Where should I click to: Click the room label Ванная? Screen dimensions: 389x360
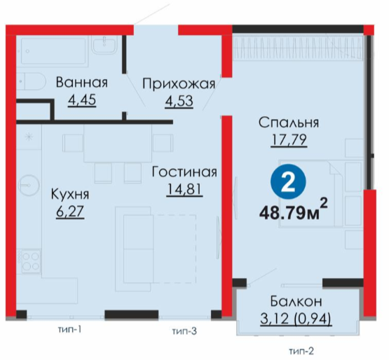pyautogui.click(x=82, y=83)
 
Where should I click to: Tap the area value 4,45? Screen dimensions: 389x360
pyautogui.click(x=82, y=100)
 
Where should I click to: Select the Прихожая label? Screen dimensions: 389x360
pyautogui.click(x=179, y=83)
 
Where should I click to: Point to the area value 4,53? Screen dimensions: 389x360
pyautogui.click(x=179, y=101)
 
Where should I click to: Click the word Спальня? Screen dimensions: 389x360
pyautogui.click(x=289, y=123)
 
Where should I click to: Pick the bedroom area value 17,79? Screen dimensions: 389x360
pyautogui.click(x=289, y=140)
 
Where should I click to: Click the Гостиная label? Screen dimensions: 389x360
pyautogui.click(x=184, y=172)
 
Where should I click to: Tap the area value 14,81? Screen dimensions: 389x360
pyautogui.click(x=184, y=189)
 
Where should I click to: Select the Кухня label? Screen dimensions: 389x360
pyautogui.click(x=70, y=194)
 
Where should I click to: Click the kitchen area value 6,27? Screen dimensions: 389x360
pyautogui.click(x=71, y=212)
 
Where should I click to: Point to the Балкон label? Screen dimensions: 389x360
pyautogui.click(x=296, y=301)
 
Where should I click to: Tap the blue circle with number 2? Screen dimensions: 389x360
pyautogui.click(x=288, y=181)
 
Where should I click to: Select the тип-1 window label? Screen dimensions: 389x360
pyautogui.click(x=69, y=330)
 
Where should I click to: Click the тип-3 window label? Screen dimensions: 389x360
pyautogui.click(x=184, y=331)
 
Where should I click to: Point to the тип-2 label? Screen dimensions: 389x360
pyautogui.click(x=301, y=351)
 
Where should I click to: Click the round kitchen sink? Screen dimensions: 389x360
pyautogui.click(x=29, y=185)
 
